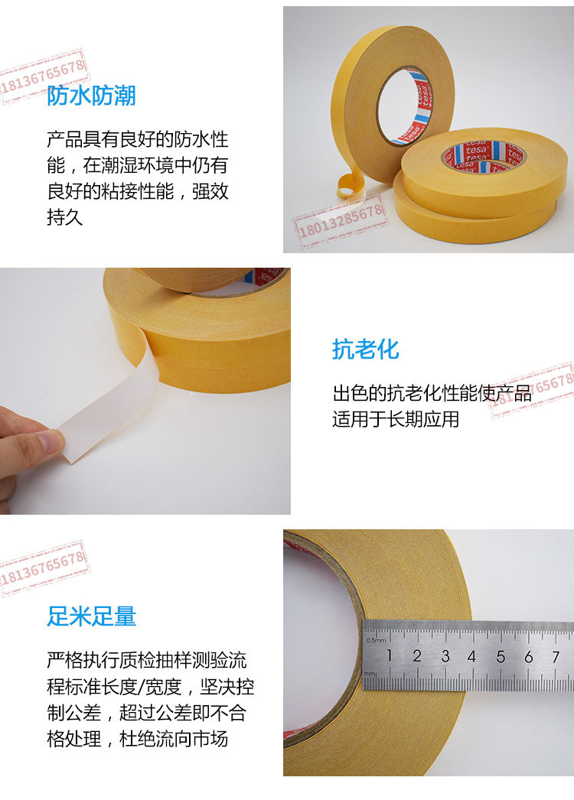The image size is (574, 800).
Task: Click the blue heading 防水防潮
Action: (x=91, y=96)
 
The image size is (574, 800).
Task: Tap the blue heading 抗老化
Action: (x=366, y=350)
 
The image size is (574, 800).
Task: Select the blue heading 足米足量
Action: (x=91, y=616)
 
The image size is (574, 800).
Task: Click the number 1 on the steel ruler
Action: (x=389, y=655)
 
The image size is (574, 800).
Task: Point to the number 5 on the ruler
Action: (x=501, y=657)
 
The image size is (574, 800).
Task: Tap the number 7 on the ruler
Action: (x=556, y=657)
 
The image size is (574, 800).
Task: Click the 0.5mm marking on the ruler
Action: (x=376, y=640)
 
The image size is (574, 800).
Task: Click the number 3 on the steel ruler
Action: (x=445, y=656)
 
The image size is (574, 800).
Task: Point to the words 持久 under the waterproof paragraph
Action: (x=65, y=217)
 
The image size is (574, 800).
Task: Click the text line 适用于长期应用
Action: (x=396, y=419)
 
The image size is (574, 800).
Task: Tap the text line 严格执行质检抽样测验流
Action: (x=147, y=660)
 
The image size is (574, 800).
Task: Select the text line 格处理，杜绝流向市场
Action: (x=137, y=739)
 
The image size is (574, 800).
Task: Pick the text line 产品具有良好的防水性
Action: (x=137, y=138)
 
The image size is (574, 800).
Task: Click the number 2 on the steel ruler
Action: (x=417, y=656)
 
